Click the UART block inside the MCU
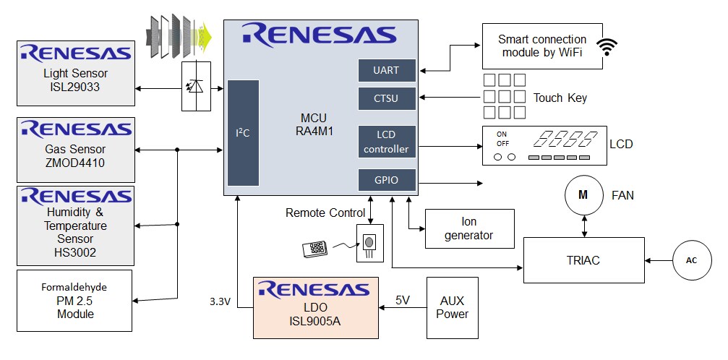tap(386, 70)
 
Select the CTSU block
tap(386, 98)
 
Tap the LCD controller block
tap(386, 142)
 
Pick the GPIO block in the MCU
tap(386, 180)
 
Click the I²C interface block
tap(243, 133)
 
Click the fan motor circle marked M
tap(583, 195)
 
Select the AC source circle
tap(692, 260)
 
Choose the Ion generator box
tap(470, 228)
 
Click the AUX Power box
tap(452, 307)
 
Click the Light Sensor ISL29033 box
tap(75, 72)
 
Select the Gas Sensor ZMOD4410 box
tap(75, 150)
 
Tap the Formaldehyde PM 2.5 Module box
tap(75, 301)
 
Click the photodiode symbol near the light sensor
tap(195, 87)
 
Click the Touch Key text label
tap(560, 98)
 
